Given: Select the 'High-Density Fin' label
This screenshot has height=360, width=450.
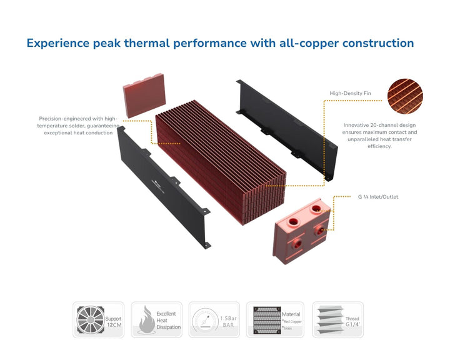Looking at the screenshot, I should (350, 94).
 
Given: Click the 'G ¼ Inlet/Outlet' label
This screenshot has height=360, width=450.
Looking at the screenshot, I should (378, 197).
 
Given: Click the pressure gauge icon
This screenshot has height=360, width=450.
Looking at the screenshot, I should (204, 319).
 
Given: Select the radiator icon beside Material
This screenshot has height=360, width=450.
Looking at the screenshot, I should (264, 319).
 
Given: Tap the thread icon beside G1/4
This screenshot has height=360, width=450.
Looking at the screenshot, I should (328, 319).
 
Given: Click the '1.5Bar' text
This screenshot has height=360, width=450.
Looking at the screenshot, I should (228, 319).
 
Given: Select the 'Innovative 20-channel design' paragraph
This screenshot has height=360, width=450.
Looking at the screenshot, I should (381, 135).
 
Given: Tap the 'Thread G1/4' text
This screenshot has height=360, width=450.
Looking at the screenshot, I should (352, 322).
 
